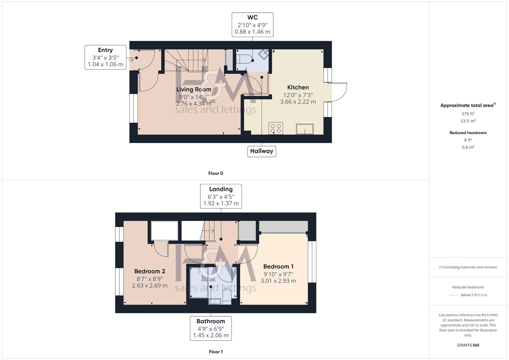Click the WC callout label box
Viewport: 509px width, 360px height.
coord(252,25)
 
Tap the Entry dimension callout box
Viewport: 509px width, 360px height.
coord(105,57)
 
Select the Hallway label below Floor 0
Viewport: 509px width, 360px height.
coord(262,151)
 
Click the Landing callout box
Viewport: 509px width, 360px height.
coord(221,196)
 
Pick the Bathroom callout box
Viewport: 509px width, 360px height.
coord(211,328)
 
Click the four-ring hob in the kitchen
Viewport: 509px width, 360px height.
coord(276,128)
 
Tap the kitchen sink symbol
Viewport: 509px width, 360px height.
coord(305,129)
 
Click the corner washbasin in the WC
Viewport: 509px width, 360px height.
coord(263,55)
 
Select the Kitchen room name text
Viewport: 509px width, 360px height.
coord(298,87)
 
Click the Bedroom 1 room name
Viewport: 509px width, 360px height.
coord(278,266)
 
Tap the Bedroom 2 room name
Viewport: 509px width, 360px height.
coord(150,271)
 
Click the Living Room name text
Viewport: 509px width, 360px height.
coord(194,89)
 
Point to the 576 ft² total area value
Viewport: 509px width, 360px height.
coord(468,114)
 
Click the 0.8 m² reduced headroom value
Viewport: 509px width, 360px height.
coord(468,147)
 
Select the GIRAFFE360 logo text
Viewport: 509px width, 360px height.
coord(468,345)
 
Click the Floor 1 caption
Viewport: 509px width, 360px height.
coord(216,352)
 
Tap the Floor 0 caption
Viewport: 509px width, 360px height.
coord(216,173)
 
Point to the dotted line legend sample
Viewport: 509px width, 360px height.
coord(454,295)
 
